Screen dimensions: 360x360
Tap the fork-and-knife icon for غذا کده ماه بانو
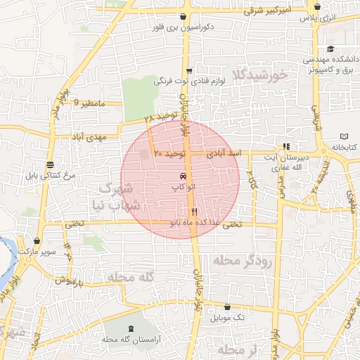(195, 211)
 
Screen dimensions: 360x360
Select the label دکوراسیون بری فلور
(182, 27)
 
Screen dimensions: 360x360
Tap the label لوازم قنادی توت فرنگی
(190, 82)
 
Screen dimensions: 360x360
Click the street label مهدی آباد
(88, 136)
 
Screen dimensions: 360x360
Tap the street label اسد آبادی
(226, 152)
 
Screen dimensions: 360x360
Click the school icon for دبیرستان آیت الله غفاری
(285, 147)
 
